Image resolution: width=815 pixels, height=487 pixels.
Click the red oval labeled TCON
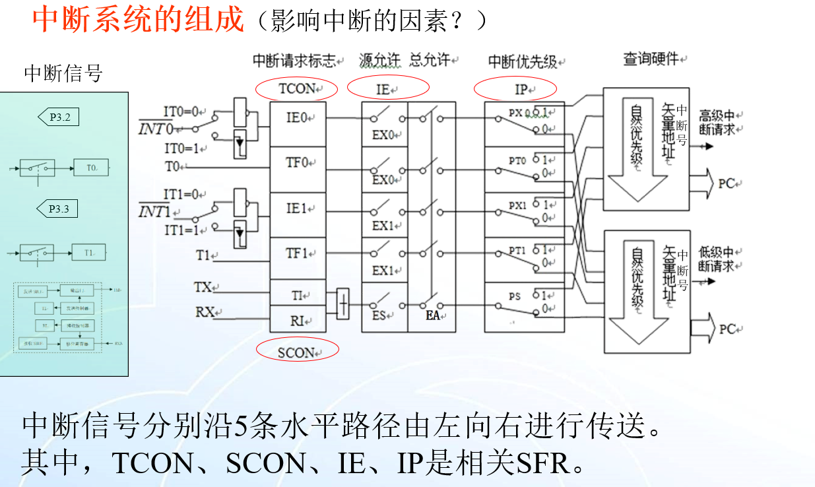point(297,88)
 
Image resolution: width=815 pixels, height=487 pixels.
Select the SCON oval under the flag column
point(297,352)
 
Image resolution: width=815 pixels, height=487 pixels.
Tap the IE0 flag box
point(298,119)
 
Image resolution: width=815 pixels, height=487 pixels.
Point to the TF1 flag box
point(298,253)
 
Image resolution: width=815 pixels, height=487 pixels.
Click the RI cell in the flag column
point(298,321)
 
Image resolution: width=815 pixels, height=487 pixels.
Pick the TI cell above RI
point(298,296)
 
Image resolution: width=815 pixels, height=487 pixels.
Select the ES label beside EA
point(379,316)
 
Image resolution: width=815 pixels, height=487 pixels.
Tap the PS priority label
point(515,297)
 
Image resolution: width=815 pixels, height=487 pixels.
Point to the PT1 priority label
point(517,251)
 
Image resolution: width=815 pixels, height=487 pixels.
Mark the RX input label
point(205,312)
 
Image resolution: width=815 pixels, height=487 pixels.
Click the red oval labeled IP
point(515,88)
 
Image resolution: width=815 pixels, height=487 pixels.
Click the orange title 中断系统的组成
point(138,20)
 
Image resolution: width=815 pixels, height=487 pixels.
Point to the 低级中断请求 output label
point(717,259)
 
